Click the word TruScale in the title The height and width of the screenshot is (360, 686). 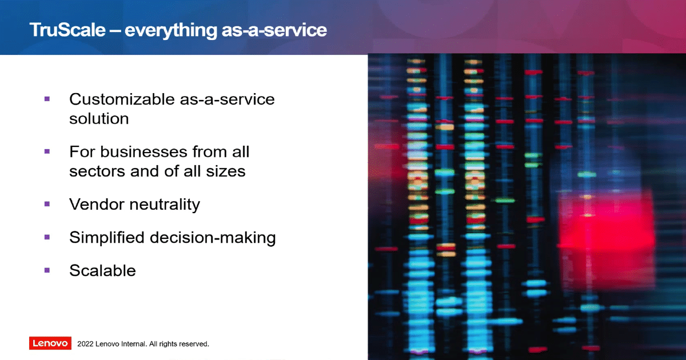67,30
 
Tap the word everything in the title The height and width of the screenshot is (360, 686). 170,31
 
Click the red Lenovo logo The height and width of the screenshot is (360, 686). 50,343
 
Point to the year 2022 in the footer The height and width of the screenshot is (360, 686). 85,344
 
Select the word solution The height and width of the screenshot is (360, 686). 99,118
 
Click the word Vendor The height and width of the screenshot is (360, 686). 97,204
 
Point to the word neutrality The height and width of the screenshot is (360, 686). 165,205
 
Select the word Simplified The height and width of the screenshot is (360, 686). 106,237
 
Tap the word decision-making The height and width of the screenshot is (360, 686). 213,238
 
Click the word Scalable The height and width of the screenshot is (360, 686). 102,270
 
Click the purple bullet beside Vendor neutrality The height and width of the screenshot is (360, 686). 47,204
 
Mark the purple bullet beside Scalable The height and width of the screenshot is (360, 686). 47,270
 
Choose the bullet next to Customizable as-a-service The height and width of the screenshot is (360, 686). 47,98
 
